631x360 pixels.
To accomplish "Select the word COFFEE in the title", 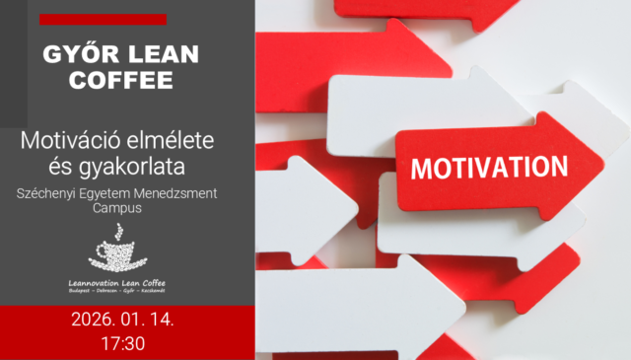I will [122, 81].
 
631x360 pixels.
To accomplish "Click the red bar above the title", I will [103, 19].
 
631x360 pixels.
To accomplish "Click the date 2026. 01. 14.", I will [121, 322].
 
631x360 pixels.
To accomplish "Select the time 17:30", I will [122, 344].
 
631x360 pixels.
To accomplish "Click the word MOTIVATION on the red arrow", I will [488, 166].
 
